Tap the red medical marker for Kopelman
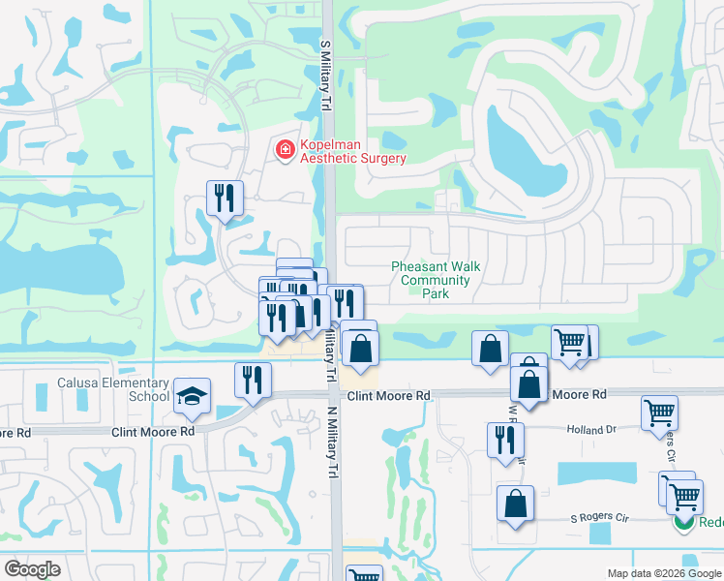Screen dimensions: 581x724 286,150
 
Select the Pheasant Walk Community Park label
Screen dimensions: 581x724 435,280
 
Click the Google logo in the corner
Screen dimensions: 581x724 32,568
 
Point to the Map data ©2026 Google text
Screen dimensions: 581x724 664,573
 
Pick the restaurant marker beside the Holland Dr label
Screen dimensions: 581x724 506,440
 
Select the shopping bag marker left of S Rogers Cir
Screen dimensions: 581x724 515,503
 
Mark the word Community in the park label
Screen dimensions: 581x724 436,281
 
